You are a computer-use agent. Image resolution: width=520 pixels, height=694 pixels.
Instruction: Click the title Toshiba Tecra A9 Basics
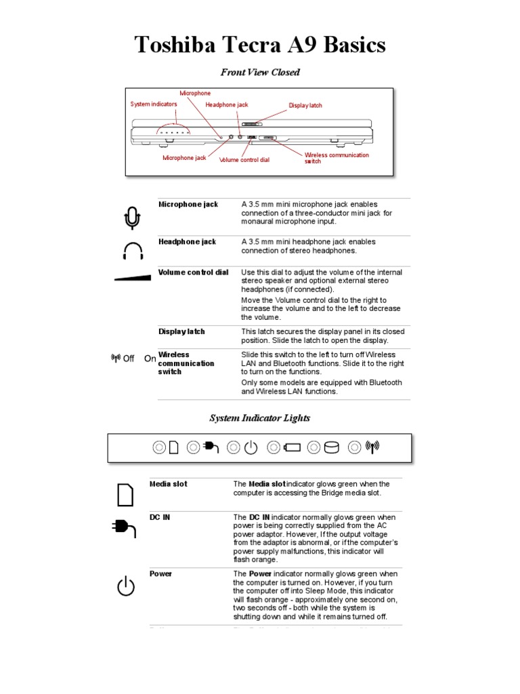[x=260, y=45]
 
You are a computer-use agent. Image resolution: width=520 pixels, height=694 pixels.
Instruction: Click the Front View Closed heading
[x=260, y=72]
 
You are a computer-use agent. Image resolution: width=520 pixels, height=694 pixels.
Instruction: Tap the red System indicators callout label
[x=154, y=104]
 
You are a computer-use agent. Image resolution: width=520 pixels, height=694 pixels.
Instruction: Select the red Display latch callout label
[x=305, y=106]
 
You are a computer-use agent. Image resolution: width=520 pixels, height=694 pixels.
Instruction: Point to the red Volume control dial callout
[x=244, y=161]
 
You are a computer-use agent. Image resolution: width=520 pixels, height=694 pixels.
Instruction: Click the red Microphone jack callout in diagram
[x=184, y=158]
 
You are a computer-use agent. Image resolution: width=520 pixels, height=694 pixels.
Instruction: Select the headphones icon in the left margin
[x=133, y=251]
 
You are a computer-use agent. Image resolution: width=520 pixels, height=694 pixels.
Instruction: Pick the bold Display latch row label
[x=181, y=331]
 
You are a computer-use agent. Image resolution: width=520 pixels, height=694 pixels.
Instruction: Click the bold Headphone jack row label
[x=187, y=241]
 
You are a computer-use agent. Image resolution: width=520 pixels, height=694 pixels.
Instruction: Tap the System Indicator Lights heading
[x=260, y=418]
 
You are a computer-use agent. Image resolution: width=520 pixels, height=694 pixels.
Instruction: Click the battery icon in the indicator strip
[x=293, y=447]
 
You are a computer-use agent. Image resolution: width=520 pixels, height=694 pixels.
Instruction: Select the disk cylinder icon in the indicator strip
[x=332, y=447]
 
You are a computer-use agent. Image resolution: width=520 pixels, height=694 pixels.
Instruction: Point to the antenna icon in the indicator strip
[x=372, y=447]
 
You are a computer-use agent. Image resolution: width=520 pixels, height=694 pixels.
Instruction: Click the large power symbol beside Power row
[x=126, y=586]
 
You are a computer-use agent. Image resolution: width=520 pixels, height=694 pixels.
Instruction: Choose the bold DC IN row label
[x=160, y=517]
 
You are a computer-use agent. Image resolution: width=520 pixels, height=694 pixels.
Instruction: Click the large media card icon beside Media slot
[x=125, y=495]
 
